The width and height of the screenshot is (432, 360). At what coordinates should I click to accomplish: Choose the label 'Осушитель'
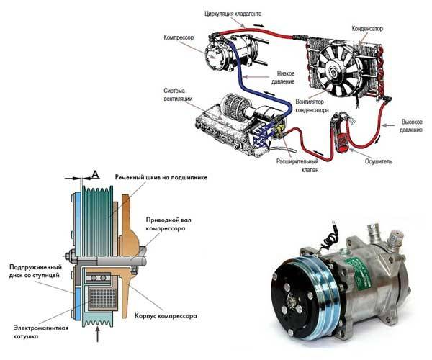378,161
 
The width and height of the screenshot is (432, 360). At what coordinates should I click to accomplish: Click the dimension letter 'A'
96,174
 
